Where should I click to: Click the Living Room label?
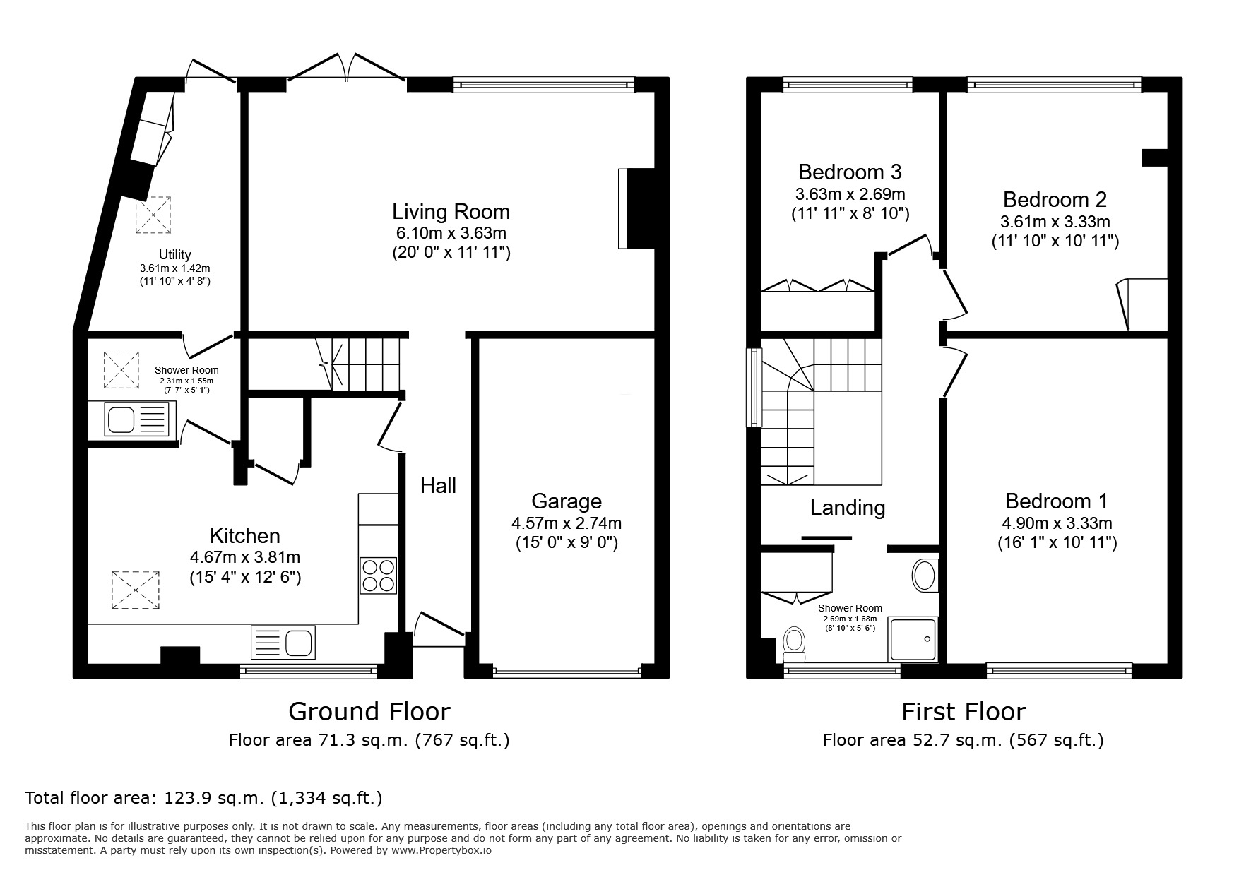(451, 211)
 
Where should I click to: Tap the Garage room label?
(566, 501)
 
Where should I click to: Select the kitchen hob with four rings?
(379, 575)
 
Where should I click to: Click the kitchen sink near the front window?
(283, 643)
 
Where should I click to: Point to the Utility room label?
(174, 254)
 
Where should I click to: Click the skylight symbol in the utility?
(153, 215)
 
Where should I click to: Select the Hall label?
(438, 485)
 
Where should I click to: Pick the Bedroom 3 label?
(850, 172)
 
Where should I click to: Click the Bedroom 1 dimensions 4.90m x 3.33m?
(1057, 523)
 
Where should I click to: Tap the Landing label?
(847, 507)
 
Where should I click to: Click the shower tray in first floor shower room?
(913, 640)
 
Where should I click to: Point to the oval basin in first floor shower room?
(924, 575)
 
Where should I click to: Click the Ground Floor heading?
(369, 710)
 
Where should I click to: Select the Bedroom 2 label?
(1055, 199)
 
